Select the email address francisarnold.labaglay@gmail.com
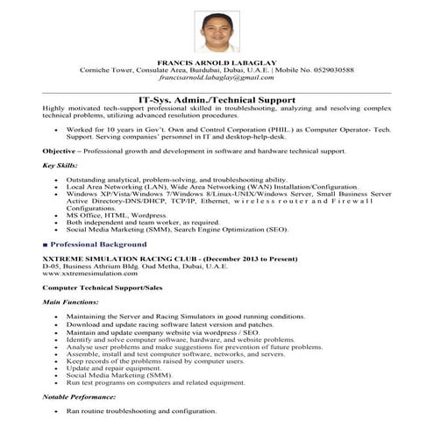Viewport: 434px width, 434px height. point(217,78)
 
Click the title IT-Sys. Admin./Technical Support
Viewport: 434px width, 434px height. point(217,99)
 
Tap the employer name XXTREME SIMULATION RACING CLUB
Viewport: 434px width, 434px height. point(108,260)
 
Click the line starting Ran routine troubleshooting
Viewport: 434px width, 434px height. point(140,410)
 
